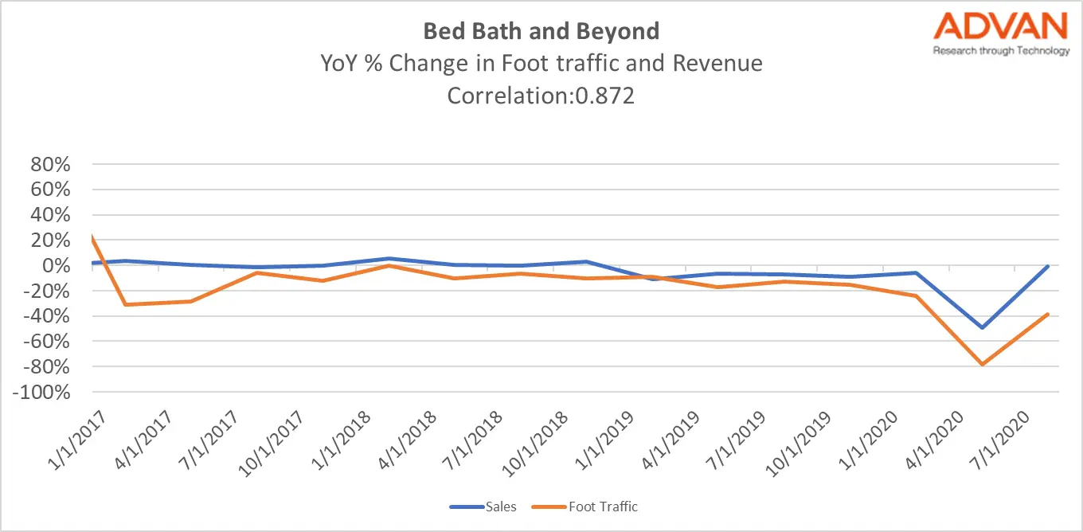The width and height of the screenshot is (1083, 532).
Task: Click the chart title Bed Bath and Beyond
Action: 541,31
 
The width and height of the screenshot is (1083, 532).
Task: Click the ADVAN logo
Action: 1001,27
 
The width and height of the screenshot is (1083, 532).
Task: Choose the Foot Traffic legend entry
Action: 603,506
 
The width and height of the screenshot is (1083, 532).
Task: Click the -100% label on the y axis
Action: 46,393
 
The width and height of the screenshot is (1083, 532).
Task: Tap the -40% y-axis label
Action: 51,317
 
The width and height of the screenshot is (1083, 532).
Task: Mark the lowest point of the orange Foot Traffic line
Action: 982,365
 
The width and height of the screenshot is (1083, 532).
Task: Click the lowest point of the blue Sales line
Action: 982,327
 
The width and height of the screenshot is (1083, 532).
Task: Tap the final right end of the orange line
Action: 1048,314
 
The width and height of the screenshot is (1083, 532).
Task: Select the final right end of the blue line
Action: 1048,266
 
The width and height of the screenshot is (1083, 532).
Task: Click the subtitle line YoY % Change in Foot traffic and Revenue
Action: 541,63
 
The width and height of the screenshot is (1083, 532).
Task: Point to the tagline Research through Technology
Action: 1001,51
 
